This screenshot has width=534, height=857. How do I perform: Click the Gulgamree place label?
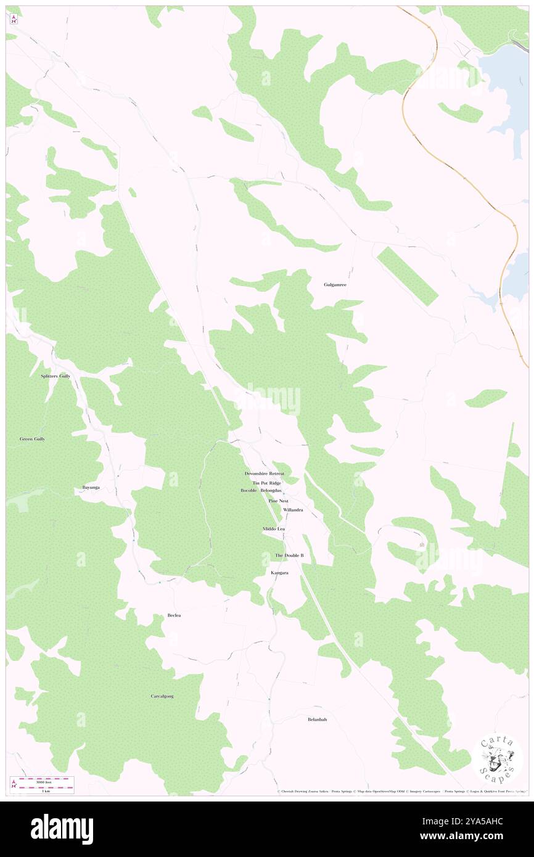pos(335,285)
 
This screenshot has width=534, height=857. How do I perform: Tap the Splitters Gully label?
pos(55,375)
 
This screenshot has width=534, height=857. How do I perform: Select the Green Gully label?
pos(32,439)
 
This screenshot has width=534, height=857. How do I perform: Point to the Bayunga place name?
pos(91,488)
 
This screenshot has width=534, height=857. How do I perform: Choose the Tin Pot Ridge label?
pos(266,483)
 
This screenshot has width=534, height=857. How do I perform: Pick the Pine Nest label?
pos(278,501)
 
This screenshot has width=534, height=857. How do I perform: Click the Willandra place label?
pos(293,511)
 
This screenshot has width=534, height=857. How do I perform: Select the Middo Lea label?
pos(273,529)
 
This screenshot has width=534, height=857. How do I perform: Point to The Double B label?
pos(289,556)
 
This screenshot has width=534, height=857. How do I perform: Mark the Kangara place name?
pos(279,573)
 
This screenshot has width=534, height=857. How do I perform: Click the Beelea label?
pos(175,615)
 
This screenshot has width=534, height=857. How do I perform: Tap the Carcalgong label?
pos(162,696)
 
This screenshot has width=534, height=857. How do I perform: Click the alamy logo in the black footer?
pos(62,829)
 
